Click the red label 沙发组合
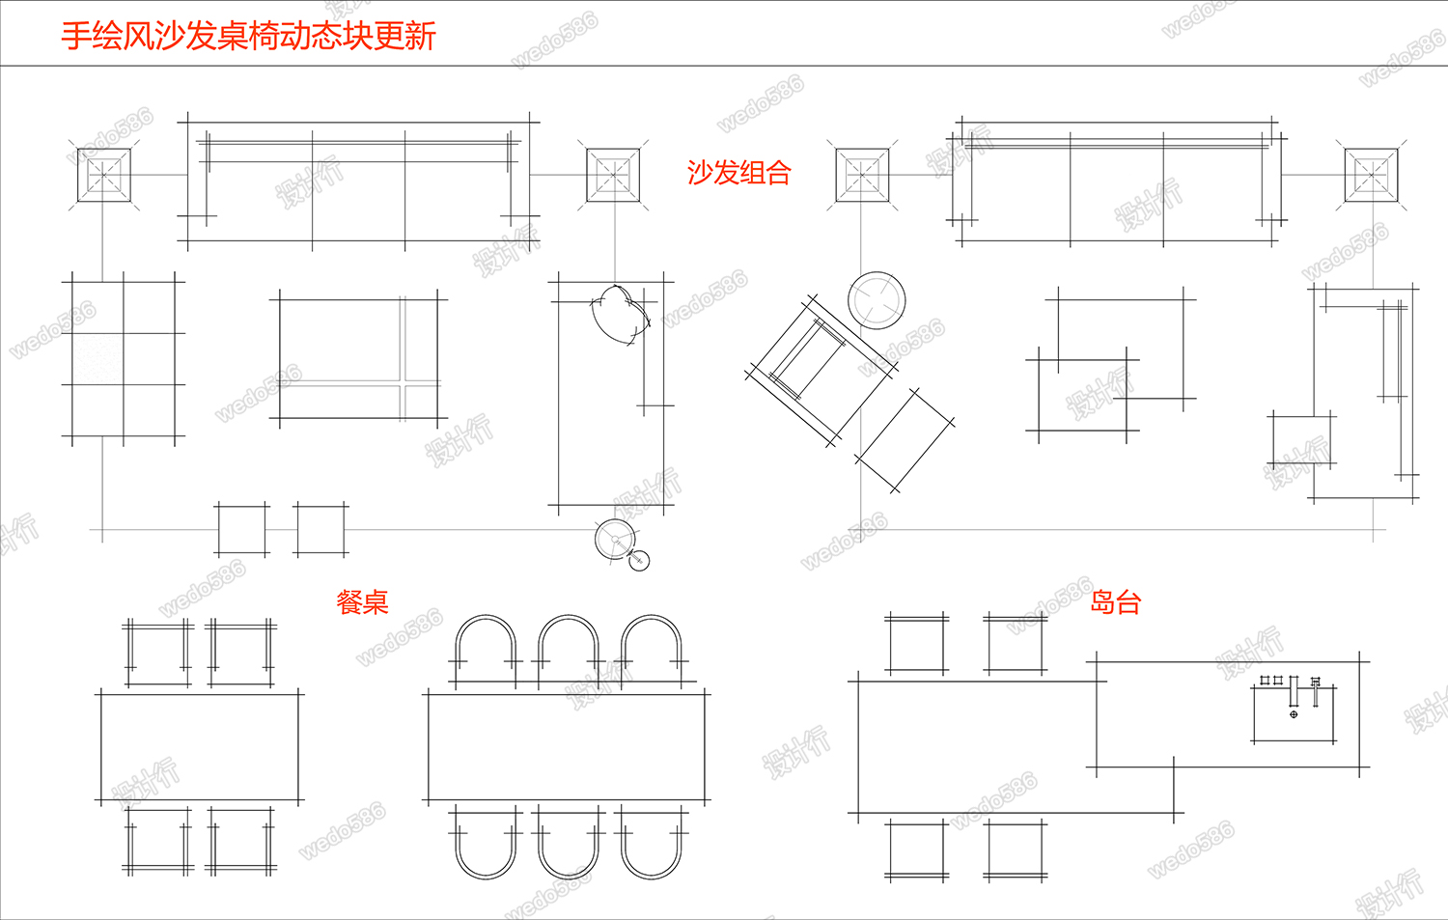coord(738,173)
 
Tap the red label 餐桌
coord(362,602)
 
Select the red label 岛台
coord(1116,602)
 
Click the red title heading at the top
coord(249,36)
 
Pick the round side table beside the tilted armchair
coord(877,299)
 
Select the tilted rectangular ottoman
coord(905,439)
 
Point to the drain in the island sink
coord(1294,714)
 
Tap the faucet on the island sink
coord(1314,688)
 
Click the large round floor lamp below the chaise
coord(615,540)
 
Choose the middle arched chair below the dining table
coord(569,843)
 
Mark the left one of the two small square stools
coord(242,529)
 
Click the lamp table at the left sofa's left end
coord(103,176)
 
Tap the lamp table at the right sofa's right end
coord(1372,176)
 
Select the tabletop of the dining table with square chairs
coord(200,746)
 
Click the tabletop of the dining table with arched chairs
coord(567,745)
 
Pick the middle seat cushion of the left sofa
coord(358,198)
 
